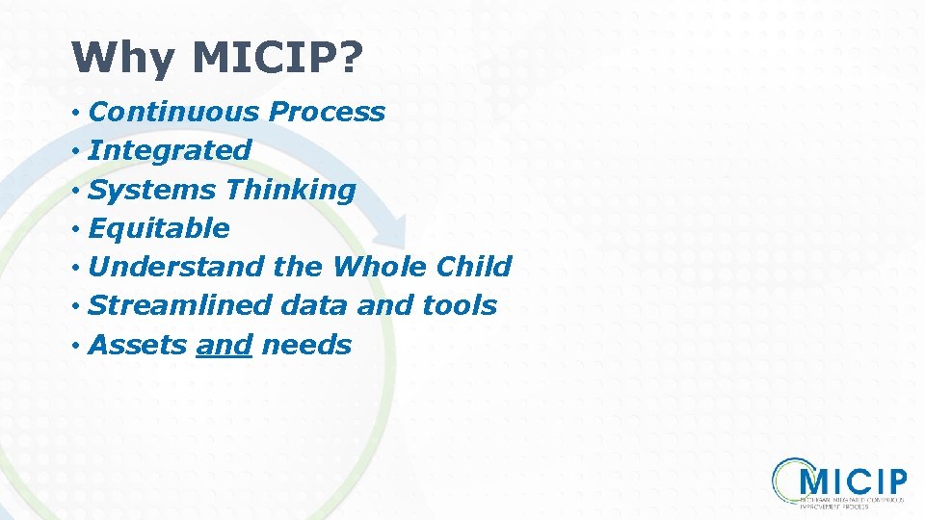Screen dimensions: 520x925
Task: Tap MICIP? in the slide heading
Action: click(x=277, y=59)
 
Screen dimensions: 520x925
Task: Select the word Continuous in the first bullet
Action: click(x=174, y=112)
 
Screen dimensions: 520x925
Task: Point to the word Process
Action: click(x=327, y=112)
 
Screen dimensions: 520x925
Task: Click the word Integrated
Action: click(x=170, y=150)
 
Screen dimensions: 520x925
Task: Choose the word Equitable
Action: click(x=159, y=228)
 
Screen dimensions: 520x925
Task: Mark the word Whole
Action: click(x=381, y=267)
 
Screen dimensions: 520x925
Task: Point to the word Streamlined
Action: click(x=180, y=305)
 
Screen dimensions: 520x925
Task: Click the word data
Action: click(x=315, y=305)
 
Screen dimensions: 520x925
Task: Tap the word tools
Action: click(x=460, y=305)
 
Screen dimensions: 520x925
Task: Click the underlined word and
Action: click(x=224, y=345)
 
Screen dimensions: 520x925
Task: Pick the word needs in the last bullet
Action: click(x=306, y=345)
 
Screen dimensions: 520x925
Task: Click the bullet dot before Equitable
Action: click(x=75, y=229)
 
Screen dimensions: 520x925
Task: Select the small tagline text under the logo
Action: click(x=853, y=504)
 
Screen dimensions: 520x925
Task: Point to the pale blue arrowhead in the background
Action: click(x=390, y=231)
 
